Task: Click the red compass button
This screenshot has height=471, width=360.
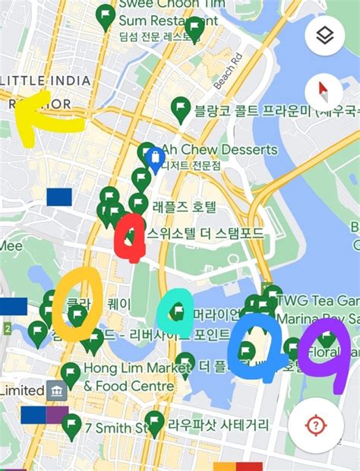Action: coord(324,93)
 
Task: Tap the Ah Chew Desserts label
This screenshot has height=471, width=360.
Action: coord(220,150)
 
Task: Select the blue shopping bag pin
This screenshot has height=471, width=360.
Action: coord(155,159)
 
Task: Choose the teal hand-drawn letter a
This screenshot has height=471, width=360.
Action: coord(176,314)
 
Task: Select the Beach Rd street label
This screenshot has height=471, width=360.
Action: coord(227,70)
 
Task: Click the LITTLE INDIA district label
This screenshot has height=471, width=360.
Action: coord(47,81)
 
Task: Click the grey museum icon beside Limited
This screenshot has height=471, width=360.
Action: coord(56,390)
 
